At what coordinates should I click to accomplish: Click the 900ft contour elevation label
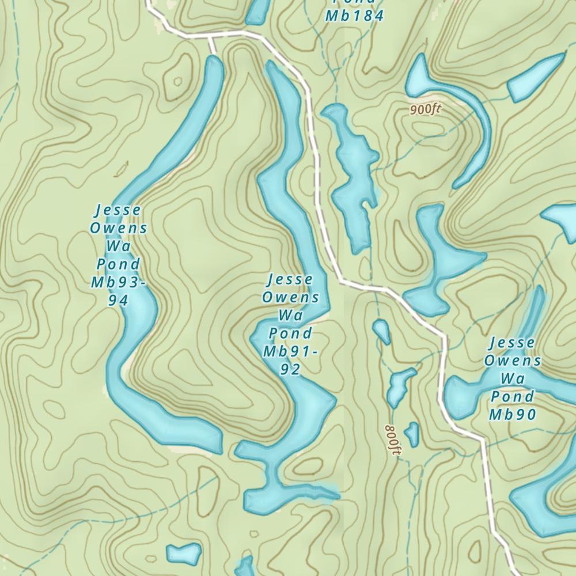[426, 109]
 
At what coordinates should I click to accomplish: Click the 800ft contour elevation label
[393, 441]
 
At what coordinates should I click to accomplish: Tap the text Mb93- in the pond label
[118, 282]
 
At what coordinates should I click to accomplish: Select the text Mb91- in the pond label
[290, 351]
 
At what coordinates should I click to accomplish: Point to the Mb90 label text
[513, 414]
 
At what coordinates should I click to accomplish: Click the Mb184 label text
[354, 16]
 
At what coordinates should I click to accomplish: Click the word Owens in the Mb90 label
[513, 361]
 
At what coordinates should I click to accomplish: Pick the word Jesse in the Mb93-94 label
[118, 210]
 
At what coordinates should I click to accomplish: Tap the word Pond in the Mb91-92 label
[290, 334]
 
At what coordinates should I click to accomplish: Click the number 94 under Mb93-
[118, 300]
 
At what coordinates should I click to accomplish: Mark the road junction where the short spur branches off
[210, 35]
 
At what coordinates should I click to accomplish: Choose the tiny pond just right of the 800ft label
[412, 433]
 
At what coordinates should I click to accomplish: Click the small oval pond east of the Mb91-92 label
[381, 331]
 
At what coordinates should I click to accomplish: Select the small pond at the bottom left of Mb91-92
[184, 553]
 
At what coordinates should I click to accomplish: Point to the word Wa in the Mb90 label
[513, 378]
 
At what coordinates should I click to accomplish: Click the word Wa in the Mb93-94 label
[118, 246]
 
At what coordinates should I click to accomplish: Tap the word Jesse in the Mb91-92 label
[290, 279]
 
